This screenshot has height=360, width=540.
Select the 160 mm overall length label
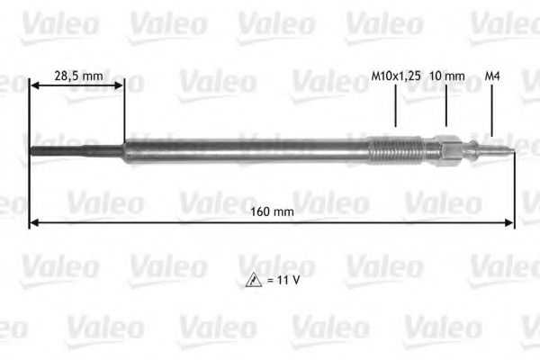coord(271,211)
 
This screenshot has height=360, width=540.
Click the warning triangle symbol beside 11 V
coord(254,282)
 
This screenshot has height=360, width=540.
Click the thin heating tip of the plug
coord(76,149)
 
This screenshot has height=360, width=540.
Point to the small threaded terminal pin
coord(497,149)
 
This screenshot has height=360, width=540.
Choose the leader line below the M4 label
coord(492,112)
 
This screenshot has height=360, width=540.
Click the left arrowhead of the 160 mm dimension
coord(35,221)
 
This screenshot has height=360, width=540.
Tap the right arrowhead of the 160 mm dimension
coord(510,221)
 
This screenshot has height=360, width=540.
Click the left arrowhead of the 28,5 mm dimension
coord(35,87)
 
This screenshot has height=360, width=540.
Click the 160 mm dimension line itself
coord(180,221)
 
